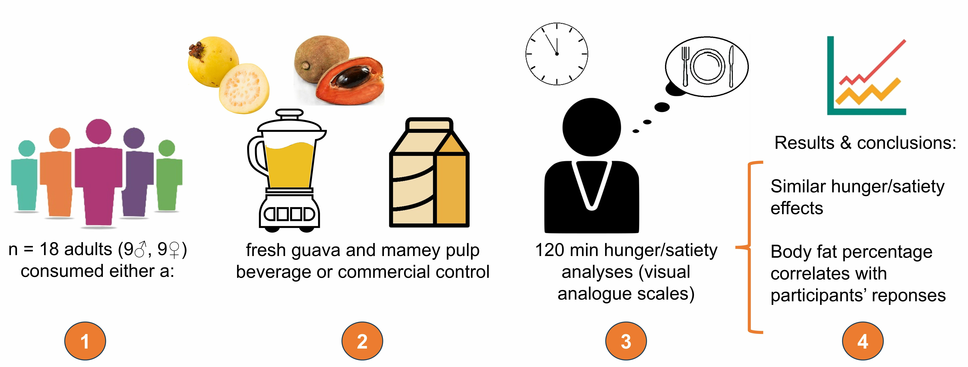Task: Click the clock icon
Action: tap(556, 54)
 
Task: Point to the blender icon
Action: tap(289, 169)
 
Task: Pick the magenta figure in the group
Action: tap(98, 173)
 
